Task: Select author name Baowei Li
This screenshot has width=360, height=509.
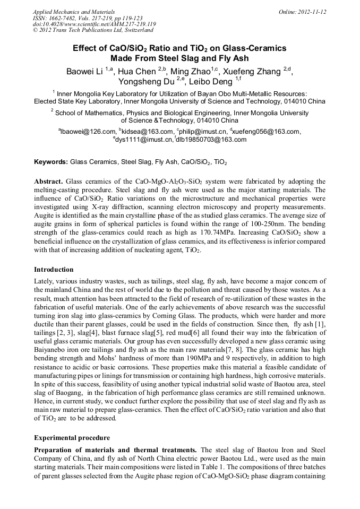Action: (x=84, y=72)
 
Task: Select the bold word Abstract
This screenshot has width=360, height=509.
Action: (x=49, y=181)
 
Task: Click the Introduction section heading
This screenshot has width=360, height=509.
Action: (x=54, y=270)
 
